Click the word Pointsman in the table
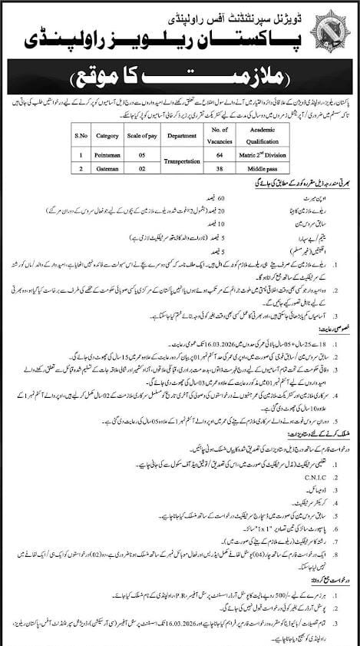108,154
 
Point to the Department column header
189,136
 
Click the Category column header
108,136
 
